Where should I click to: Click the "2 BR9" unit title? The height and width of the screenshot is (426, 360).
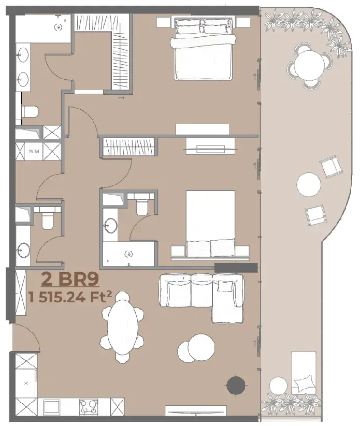pyautogui.click(x=70, y=279)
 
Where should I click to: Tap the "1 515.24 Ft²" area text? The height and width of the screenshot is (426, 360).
pyautogui.click(x=70, y=297)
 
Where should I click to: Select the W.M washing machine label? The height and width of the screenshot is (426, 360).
pyautogui.click(x=34, y=151)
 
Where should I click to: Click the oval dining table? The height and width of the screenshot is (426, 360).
pyautogui.click(x=122, y=327)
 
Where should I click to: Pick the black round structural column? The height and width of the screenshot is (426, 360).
pyautogui.click(x=236, y=385)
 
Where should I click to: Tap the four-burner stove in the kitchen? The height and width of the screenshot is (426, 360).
pyautogui.click(x=89, y=407)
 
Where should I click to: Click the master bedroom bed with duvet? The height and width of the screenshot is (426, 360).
pyautogui.click(x=204, y=48)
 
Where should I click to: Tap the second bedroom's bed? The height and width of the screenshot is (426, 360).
pyautogui.click(x=210, y=223)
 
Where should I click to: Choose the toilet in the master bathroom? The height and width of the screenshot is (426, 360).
pyautogui.click(x=29, y=112)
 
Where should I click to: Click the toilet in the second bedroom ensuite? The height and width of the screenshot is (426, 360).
pyautogui.click(x=142, y=207)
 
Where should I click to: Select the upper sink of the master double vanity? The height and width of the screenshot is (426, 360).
pyautogui.click(x=23, y=54)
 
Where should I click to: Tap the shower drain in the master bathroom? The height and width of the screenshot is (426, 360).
pyautogui.click(x=58, y=27)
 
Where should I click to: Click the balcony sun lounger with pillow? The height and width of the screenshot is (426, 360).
pyautogui.click(x=304, y=373)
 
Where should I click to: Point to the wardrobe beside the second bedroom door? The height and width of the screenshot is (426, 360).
pyautogui.click(x=128, y=147)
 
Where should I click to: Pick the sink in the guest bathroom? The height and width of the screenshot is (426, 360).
pyautogui.click(x=23, y=249)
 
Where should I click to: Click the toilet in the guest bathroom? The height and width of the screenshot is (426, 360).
pyautogui.click(x=47, y=219)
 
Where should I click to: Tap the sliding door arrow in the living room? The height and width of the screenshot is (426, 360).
pyautogui.click(x=255, y=343)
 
